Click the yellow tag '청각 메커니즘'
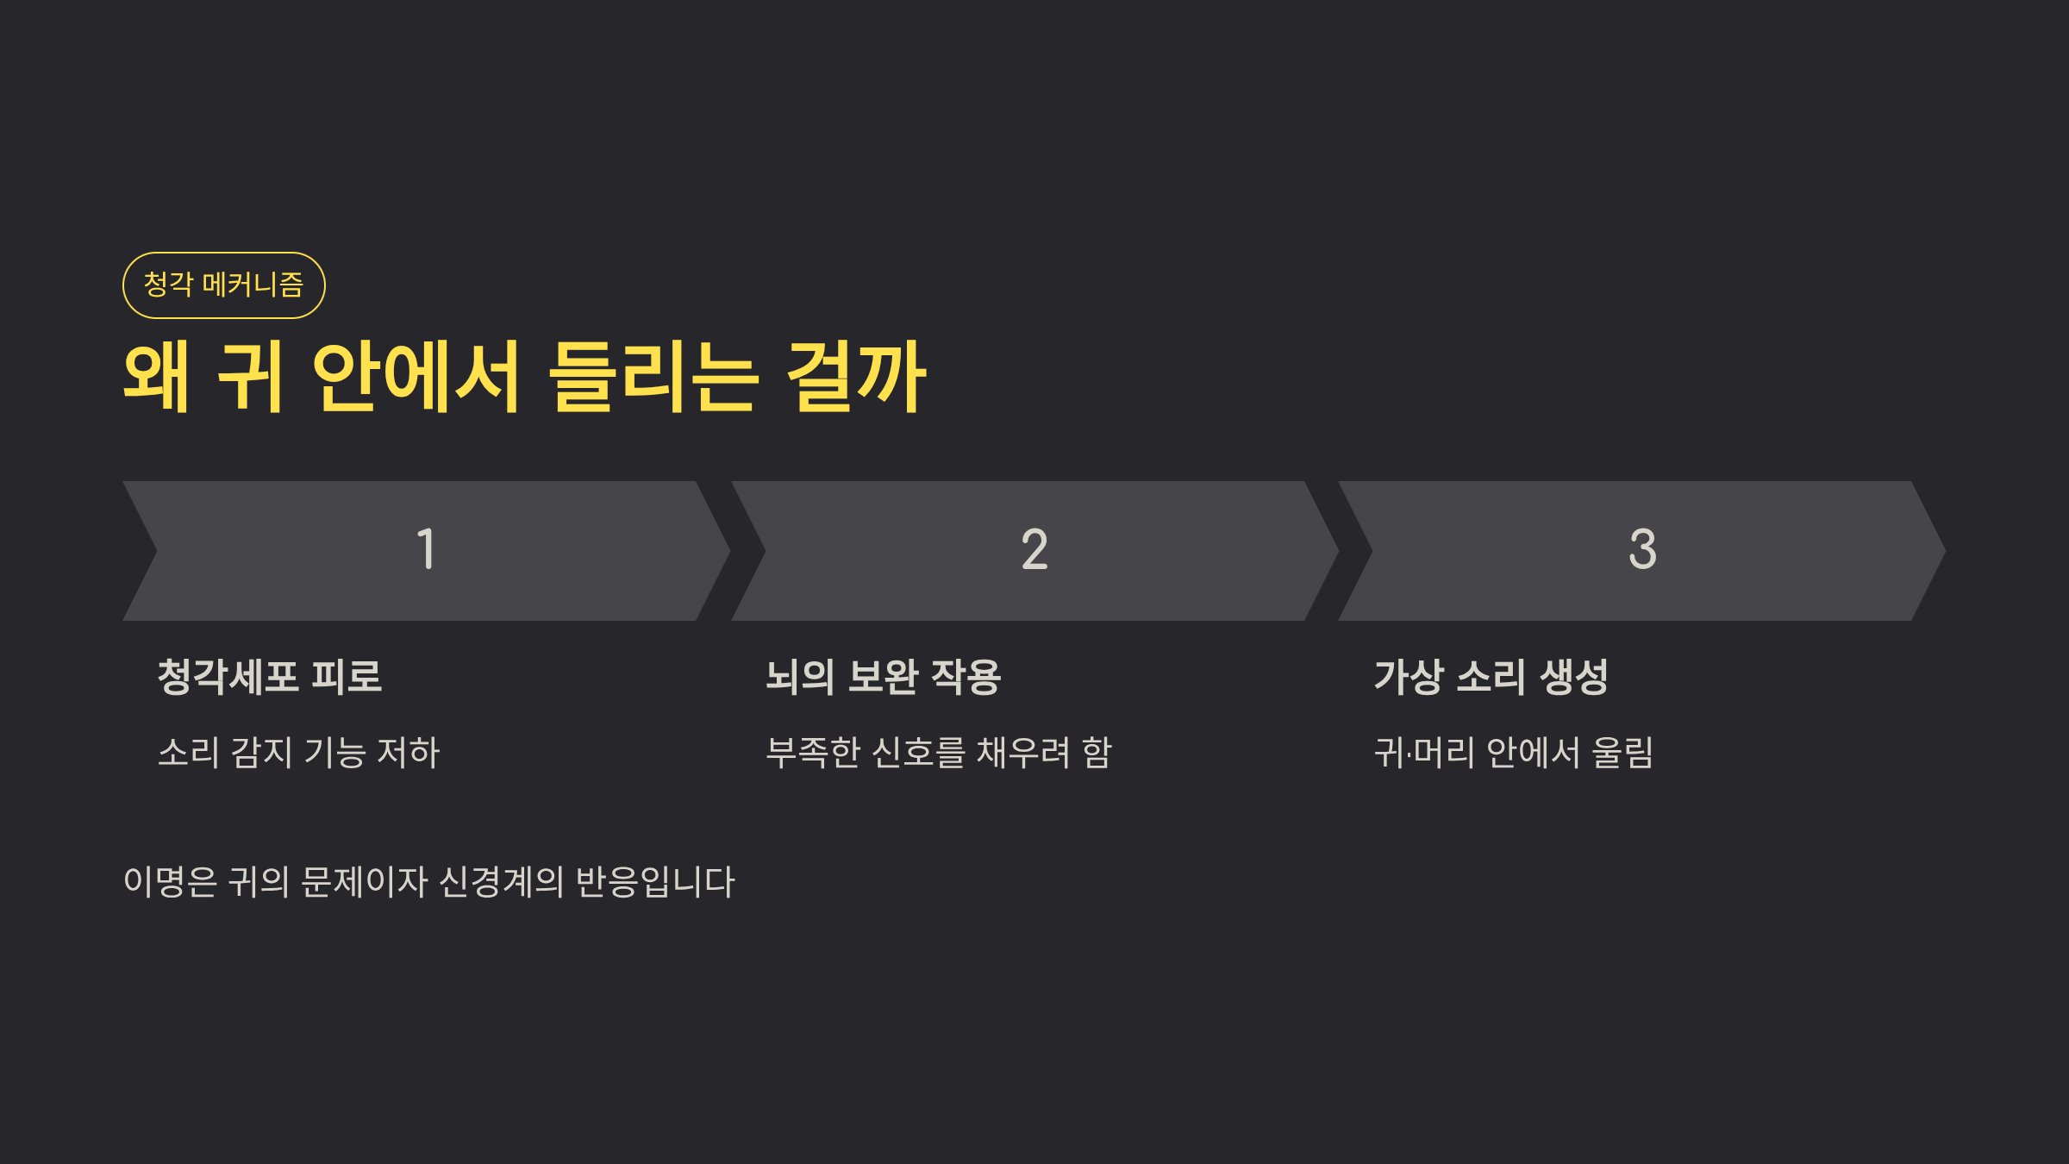coord(223,285)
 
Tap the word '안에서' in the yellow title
coord(416,377)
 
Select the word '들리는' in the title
coord(653,377)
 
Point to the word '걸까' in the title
coord(856,377)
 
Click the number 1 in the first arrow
coord(426,550)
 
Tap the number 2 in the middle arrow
coord(1034,550)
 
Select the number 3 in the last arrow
coord(1642,550)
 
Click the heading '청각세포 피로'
coord(270,677)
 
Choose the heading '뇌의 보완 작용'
coord(884,677)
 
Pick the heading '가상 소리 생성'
coord(1491,677)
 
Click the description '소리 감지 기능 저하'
coord(299,753)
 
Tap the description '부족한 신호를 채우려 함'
coord(940,753)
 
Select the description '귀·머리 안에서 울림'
coord(1514,753)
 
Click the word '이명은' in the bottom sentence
coord(170,882)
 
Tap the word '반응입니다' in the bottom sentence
coord(655,882)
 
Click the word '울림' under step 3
coord(1622,753)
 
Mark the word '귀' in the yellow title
coord(250,377)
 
